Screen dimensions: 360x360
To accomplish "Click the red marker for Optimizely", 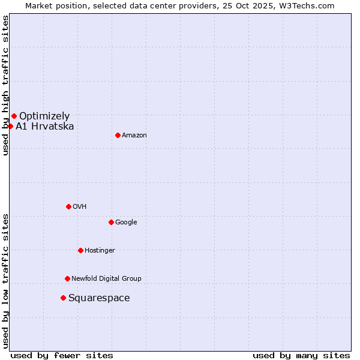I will (14, 116).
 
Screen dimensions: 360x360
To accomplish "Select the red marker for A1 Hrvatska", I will (10, 126).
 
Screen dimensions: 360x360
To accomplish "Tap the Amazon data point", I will (118, 135).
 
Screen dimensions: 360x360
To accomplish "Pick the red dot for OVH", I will (68, 206).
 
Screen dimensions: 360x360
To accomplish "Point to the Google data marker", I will (111, 222).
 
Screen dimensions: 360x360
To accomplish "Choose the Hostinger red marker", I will (80, 250).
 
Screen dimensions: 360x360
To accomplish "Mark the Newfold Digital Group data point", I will (67, 278).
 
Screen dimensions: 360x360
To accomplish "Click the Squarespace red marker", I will (63, 298).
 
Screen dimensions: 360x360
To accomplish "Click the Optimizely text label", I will (44, 116).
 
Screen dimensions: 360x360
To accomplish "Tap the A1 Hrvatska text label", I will (45, 127).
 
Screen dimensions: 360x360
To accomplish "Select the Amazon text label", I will (134, 136).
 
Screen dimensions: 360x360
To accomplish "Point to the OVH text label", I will (80, 207).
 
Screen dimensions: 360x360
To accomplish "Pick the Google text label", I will (126, 223).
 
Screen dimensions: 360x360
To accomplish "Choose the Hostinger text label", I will (100, 251).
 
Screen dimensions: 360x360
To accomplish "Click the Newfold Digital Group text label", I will (106, 279).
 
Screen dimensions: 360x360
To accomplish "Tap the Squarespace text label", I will (99, 298).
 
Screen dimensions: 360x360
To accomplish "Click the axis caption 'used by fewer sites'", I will (62, 355).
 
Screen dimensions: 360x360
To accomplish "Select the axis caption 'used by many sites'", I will (301, 355).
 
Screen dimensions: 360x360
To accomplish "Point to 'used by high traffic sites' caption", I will (5, 85).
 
